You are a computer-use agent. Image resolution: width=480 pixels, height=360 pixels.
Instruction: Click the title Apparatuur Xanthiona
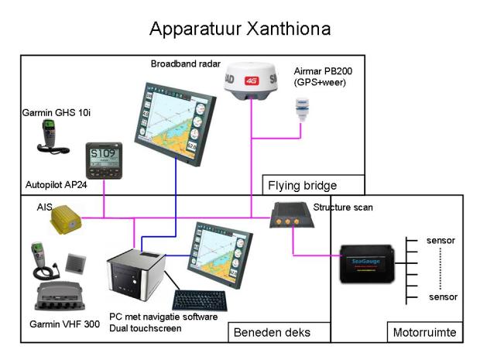coord(240,29)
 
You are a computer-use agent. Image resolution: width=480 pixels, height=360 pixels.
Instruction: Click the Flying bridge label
coord(303,186)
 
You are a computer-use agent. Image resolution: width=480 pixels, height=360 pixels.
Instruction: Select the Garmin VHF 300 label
coord(64,323)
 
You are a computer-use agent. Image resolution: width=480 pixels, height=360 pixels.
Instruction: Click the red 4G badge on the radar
coord(251,79)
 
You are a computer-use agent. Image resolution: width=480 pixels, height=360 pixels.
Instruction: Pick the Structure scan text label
coord(346,207)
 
